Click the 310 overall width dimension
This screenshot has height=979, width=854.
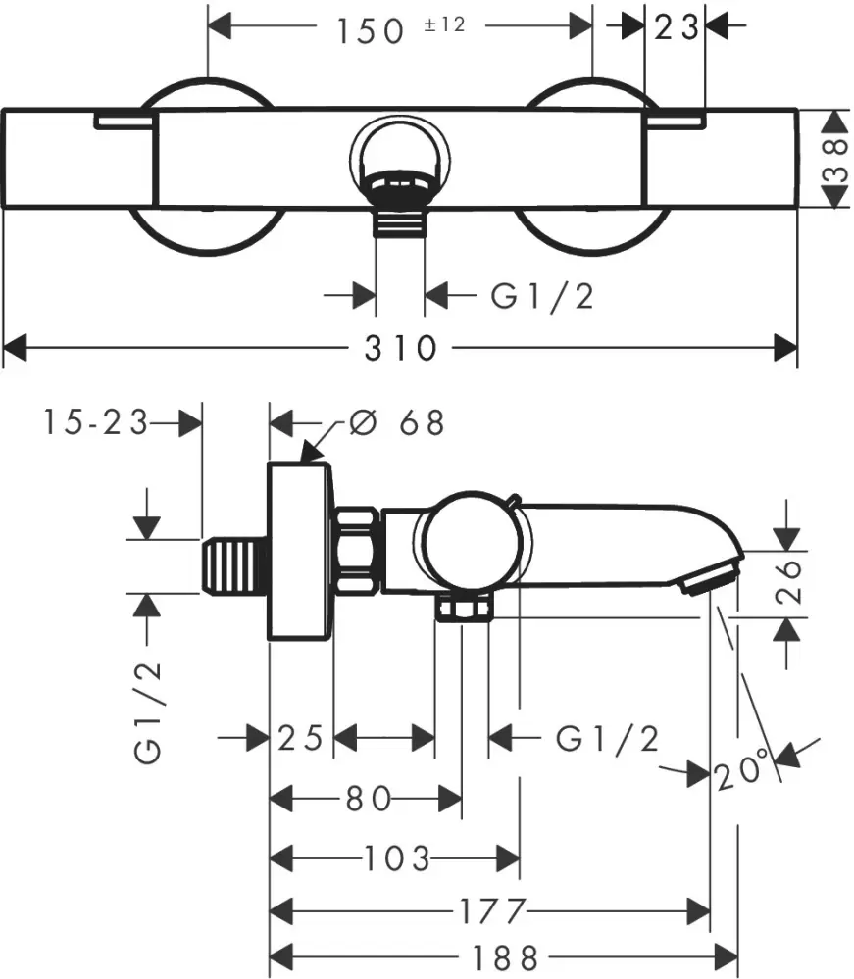click(400, 348)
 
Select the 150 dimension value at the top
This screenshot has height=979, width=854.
click(371, 29)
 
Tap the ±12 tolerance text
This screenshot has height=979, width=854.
click(443, 24)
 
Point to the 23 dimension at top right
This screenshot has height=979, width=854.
click(676, 27)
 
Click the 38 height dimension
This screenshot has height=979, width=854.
click(833, 158)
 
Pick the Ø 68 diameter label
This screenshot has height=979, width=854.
click(397, 423)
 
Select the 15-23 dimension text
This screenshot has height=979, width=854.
click(95, 423)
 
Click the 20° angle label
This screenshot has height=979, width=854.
click(741, 772)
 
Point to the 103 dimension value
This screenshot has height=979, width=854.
click(395, 859)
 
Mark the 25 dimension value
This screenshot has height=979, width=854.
click(301, 737)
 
